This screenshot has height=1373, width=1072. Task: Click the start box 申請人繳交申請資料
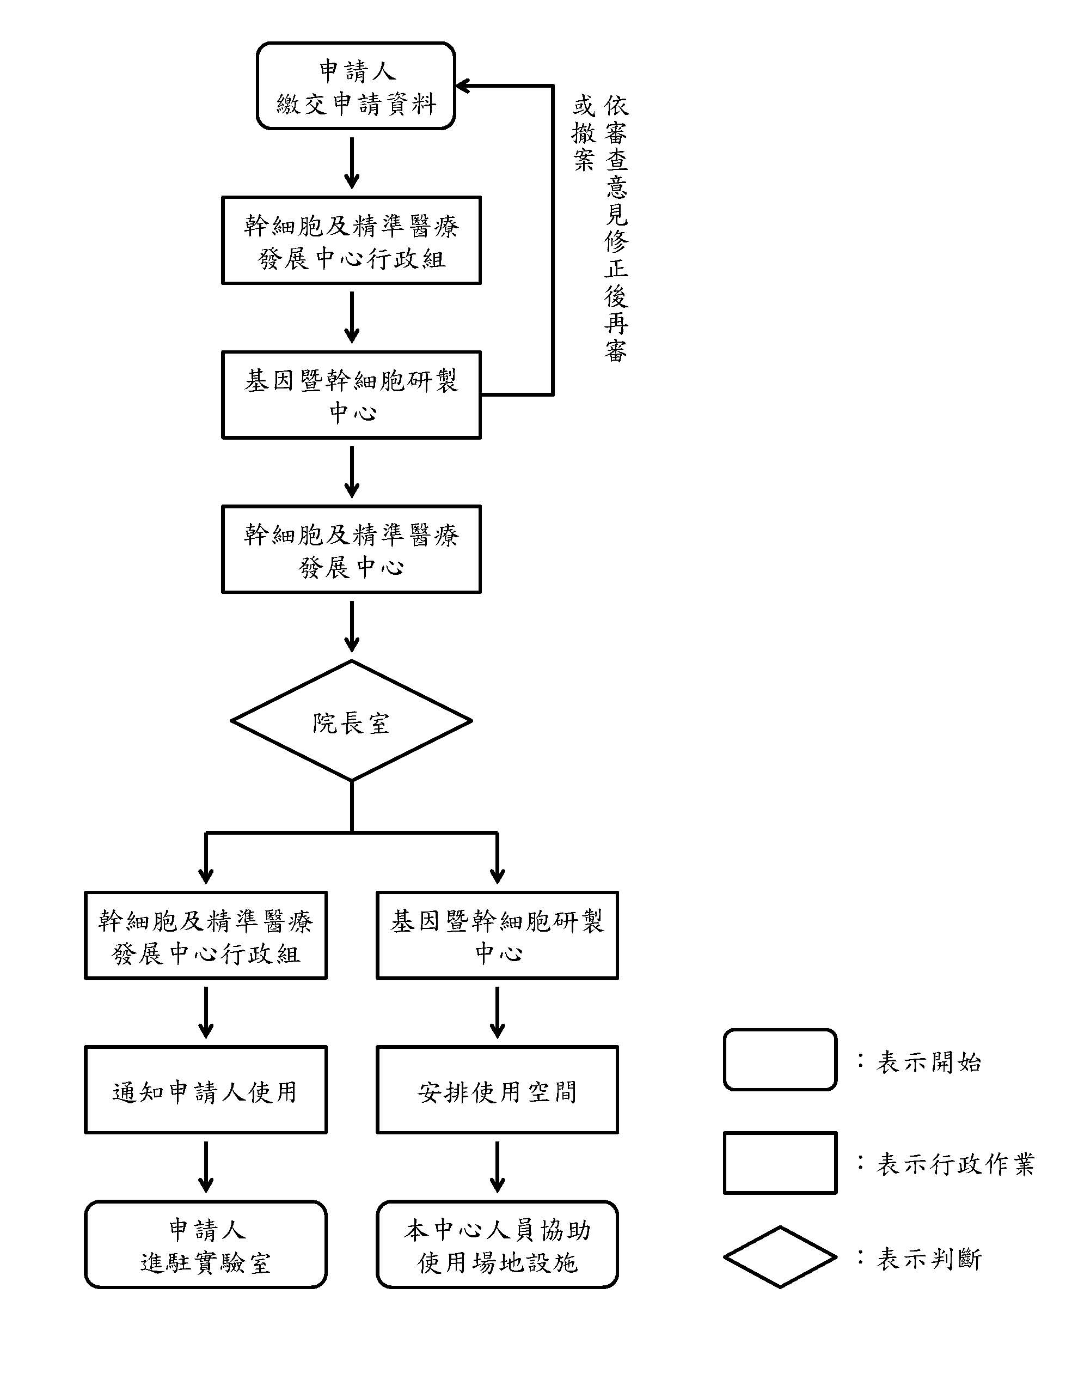coord(355,86)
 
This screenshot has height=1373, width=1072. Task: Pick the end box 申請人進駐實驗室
coord(205,1246)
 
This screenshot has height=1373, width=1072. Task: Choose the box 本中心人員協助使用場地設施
coord(497,1246)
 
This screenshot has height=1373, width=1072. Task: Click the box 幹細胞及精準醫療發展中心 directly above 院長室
coord(351,549)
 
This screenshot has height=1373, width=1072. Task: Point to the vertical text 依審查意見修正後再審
coord(616,229)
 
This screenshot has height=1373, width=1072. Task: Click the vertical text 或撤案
coord(583,133)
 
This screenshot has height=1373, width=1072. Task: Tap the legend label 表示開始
coord(928,1062)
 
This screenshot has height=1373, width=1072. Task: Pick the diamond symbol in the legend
coord(780,1257)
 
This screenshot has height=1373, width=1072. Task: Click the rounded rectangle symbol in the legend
coord(780,1060)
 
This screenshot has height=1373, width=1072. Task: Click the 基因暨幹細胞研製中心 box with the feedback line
coord(351,395)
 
